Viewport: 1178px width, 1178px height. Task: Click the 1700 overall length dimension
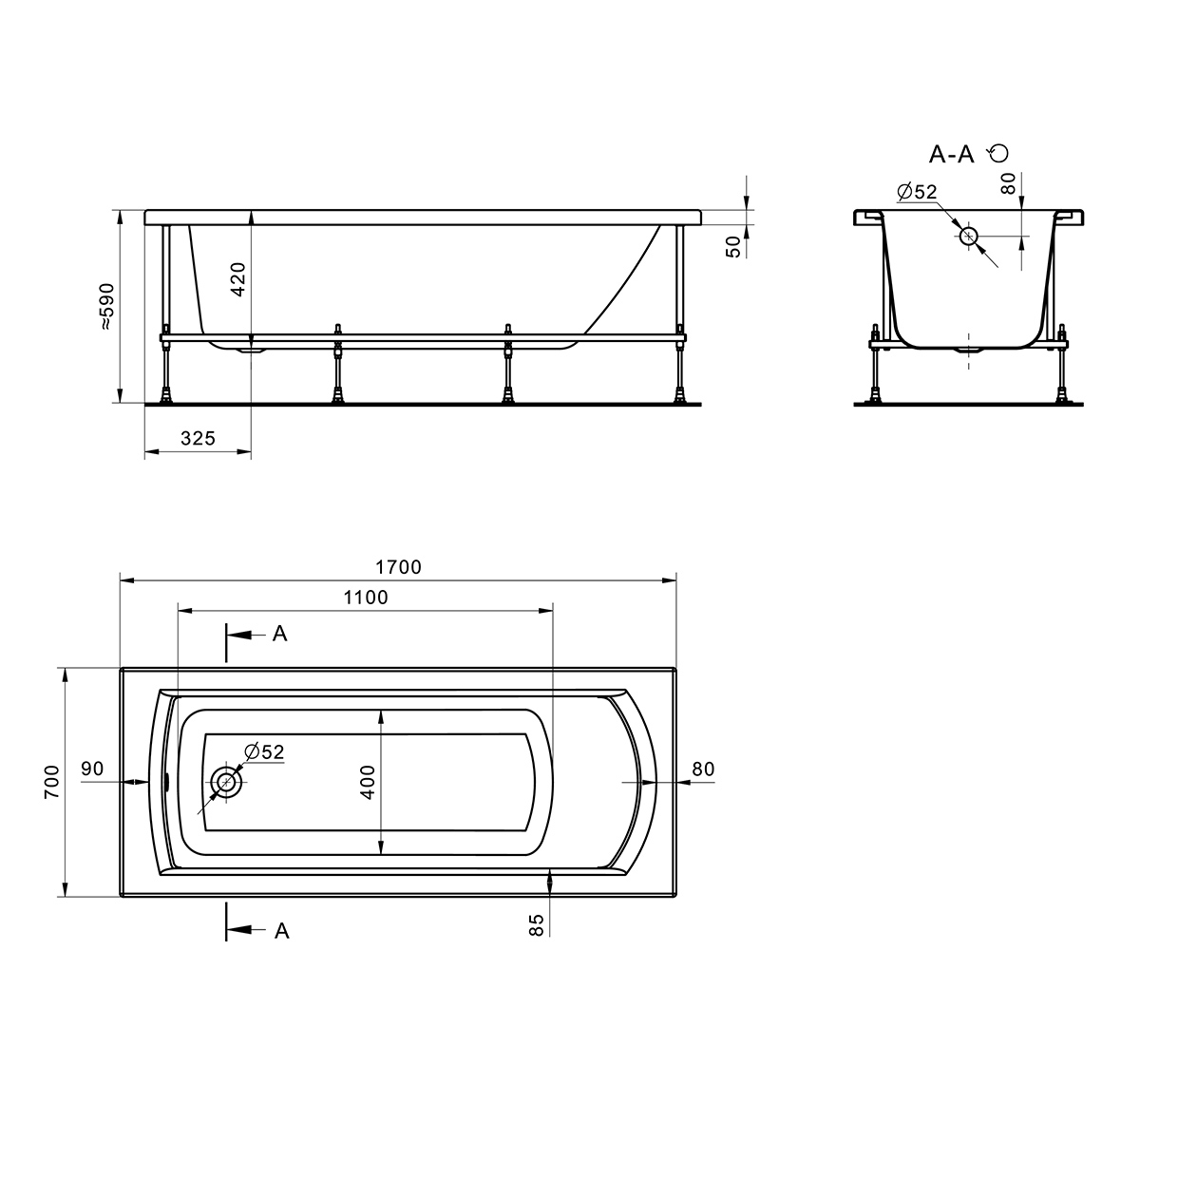[398, 567]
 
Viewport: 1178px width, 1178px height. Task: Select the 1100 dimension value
[366, 598]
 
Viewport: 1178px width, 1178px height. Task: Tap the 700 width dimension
[52, 781]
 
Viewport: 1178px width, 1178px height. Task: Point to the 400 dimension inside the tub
[368, 782]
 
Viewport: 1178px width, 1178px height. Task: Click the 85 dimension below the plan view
[536, 925]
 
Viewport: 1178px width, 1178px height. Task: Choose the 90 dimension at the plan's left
[92, 769]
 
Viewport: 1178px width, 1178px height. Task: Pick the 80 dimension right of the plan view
[703, 769]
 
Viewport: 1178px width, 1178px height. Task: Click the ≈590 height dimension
[106, 307]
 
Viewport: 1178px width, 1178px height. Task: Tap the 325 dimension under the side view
[198, 438]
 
